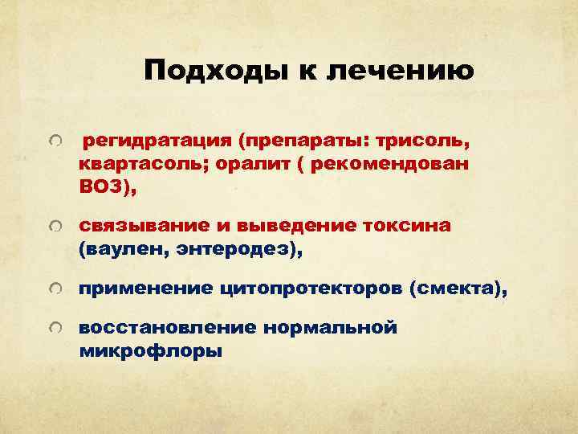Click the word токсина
[x=405, y=227]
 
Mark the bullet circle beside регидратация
[x=53, y=142]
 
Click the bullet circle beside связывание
[x=53, y=228]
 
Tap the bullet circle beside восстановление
[x=53, y=329]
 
